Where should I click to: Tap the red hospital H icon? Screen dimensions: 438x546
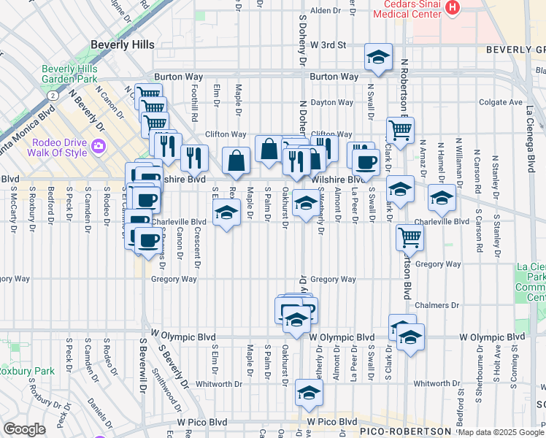[453, 8]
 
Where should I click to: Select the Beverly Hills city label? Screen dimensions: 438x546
[122, 45]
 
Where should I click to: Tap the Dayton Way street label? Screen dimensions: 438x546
[326, 103]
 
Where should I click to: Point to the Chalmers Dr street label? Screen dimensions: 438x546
[437, 305]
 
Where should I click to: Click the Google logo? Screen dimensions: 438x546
[25, 429]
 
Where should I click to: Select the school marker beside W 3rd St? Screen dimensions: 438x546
[378, 58]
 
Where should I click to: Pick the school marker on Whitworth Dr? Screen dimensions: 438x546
[309, 393]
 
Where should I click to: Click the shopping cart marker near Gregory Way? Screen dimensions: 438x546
[410, 237]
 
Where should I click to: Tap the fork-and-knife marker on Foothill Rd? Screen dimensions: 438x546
[194, 156]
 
